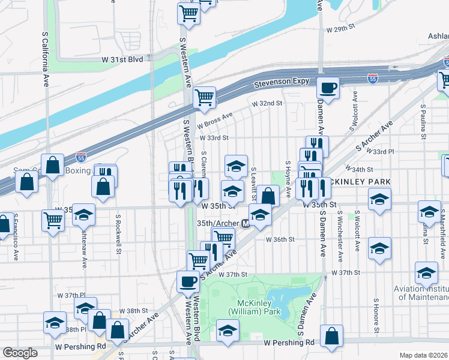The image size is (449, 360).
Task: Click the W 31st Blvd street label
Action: pyautogui.click(x=122, y=59)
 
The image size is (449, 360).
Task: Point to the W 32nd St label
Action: pyautogui.click(x=267, y=103)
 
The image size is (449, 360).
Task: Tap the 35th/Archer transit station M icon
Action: pyautogui.click(x=245, y=224)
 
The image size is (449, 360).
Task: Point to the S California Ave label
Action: pyautogui.click(x=46, y=60)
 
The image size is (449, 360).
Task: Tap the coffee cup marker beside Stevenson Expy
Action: pyautogui.click(x=328, y=88)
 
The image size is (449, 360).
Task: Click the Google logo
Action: pyautogui.click(x=20, y=353)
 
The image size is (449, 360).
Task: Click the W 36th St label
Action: pyautogui.click(x=280, y=239)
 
